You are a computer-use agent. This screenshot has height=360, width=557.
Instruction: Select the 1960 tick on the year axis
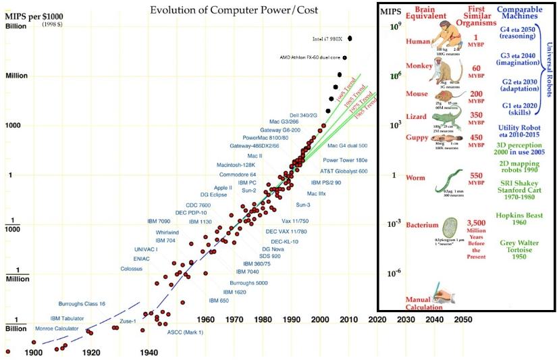206,319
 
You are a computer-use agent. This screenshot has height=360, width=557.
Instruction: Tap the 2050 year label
462,319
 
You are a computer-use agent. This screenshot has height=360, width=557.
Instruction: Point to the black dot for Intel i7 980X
350,38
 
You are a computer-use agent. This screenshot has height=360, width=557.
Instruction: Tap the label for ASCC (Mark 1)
185,332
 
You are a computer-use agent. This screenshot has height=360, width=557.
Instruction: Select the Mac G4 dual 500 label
347,146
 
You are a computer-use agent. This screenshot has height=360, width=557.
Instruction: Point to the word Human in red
417,41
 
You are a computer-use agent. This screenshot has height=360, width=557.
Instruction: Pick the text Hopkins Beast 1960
519,217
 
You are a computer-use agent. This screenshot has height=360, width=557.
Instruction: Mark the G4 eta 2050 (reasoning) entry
519,34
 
